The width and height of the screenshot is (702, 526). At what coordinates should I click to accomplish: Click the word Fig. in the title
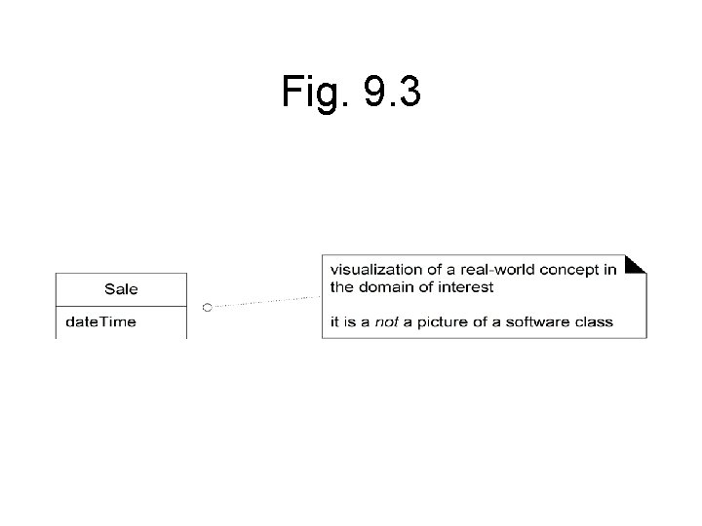tap(314, 93)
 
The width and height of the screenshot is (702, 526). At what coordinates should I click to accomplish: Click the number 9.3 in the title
tap(392, 93)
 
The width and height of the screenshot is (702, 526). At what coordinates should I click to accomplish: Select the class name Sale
tap(121, 289)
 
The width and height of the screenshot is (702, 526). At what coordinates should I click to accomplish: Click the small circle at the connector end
tap(207, 307)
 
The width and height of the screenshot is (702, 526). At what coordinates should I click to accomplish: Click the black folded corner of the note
tap(636, 263)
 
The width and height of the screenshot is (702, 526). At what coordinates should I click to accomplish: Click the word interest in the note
tap(466, 286)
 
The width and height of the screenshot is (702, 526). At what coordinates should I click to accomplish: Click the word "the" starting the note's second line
tap(341, 286)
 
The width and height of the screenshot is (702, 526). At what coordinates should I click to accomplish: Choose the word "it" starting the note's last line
tap(334, 322)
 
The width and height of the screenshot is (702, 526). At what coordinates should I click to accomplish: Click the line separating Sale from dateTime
tap(121, 306)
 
